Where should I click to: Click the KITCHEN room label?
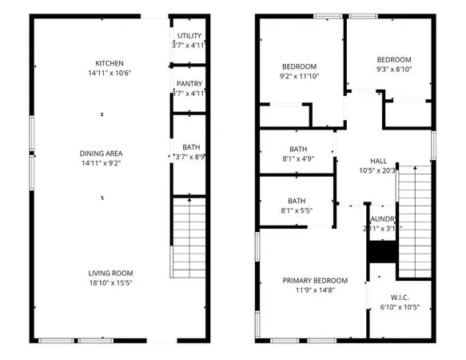[110, 63]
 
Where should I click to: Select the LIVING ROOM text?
[110, 274]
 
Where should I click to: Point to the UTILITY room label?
[189, 35]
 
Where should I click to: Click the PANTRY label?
[189, 83]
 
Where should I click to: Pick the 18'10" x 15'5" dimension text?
[110, 283]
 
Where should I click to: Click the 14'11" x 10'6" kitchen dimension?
[110, 73]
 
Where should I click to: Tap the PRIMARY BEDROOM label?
[315, 280]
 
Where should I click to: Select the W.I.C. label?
[400, 297]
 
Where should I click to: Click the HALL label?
[378, 161]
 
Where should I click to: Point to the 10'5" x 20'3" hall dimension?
[378, 170]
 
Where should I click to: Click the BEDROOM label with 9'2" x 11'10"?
[299, 66]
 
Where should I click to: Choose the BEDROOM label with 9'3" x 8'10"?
[393, 60]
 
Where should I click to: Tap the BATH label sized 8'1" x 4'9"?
[297, 149]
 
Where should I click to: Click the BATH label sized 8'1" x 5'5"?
[297, 201]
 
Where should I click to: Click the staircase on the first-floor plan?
[188, 238]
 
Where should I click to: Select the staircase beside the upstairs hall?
[414, 203]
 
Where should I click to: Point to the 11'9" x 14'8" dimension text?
[315, 290]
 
